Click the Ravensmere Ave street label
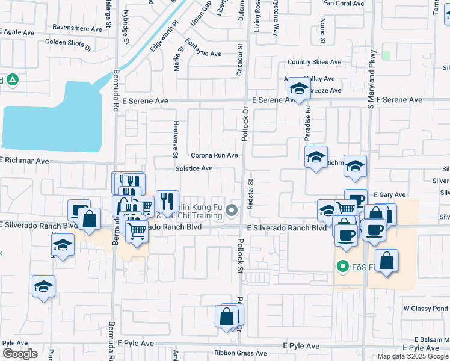pyautogui.click(x=78, y=28)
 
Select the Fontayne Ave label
pyautogui.click(x=203, y=54)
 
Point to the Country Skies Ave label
pyautogui.click(x=314, y=62)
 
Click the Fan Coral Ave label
pyautogui.click(x=344, y=4)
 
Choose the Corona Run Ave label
pyautogui.click(x=215, y=155)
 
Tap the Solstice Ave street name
pyautogui.click(x=194, y=168)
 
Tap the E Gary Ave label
pyautogui.click(x=389, y=195)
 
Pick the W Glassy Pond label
pyautogui.click(x=426, y=308)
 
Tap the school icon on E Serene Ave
pyautogui.click(x=298, y=89)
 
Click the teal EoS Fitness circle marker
pyautogui.click(x=343, y=265)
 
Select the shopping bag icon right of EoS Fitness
pyautogui.click(x=388, y=261)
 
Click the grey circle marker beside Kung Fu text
pyautogui.click(x=233, y=210)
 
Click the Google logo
pyautogui.click(x=20, y=354)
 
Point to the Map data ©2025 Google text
pyautogui.click(x=413, y=356)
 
